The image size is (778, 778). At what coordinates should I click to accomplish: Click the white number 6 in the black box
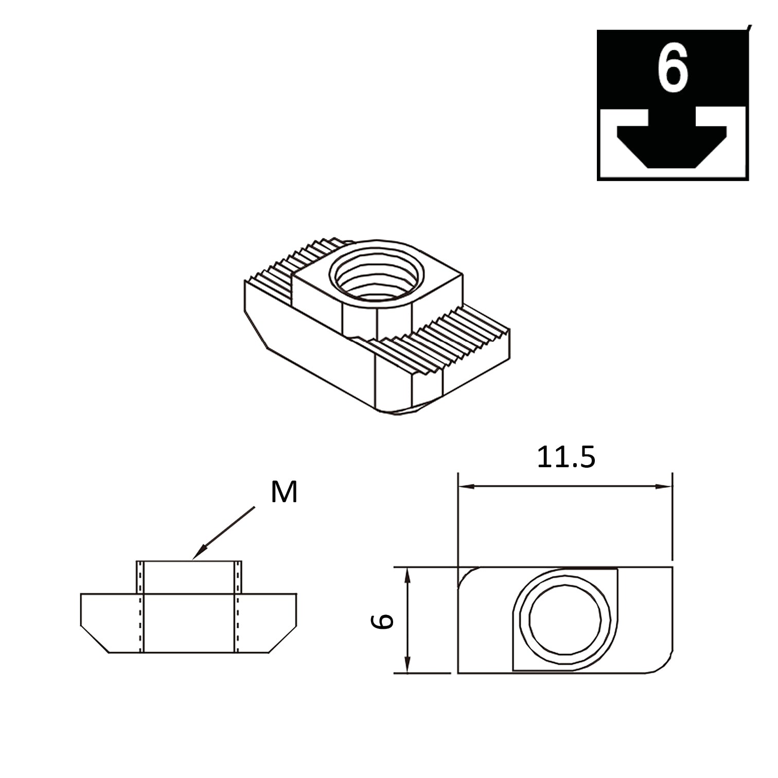click(x=672, y=68)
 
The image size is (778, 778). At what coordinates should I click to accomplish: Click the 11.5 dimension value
click(x=565, y=457)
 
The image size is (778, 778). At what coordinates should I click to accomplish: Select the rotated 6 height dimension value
click(x=383, y=621)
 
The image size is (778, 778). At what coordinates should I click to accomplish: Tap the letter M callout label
click(x=284, y=492)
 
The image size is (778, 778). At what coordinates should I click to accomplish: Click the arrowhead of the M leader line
click(x=197, y=555)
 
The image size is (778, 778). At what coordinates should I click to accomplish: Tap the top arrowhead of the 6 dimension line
click(x=407, y=575)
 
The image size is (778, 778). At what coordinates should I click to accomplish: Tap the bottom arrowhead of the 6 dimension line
click(x=407, y=665)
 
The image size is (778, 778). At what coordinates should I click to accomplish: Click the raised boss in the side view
click(x=188, y=577)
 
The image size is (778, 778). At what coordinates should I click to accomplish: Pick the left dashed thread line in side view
click(x=138, y=607)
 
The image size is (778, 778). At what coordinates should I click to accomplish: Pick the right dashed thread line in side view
click(x=238, y=607)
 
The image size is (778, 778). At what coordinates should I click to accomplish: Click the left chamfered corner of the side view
click(x=95, y=639)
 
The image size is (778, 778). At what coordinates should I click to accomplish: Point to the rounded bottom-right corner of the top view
click(x=664, y=665)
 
